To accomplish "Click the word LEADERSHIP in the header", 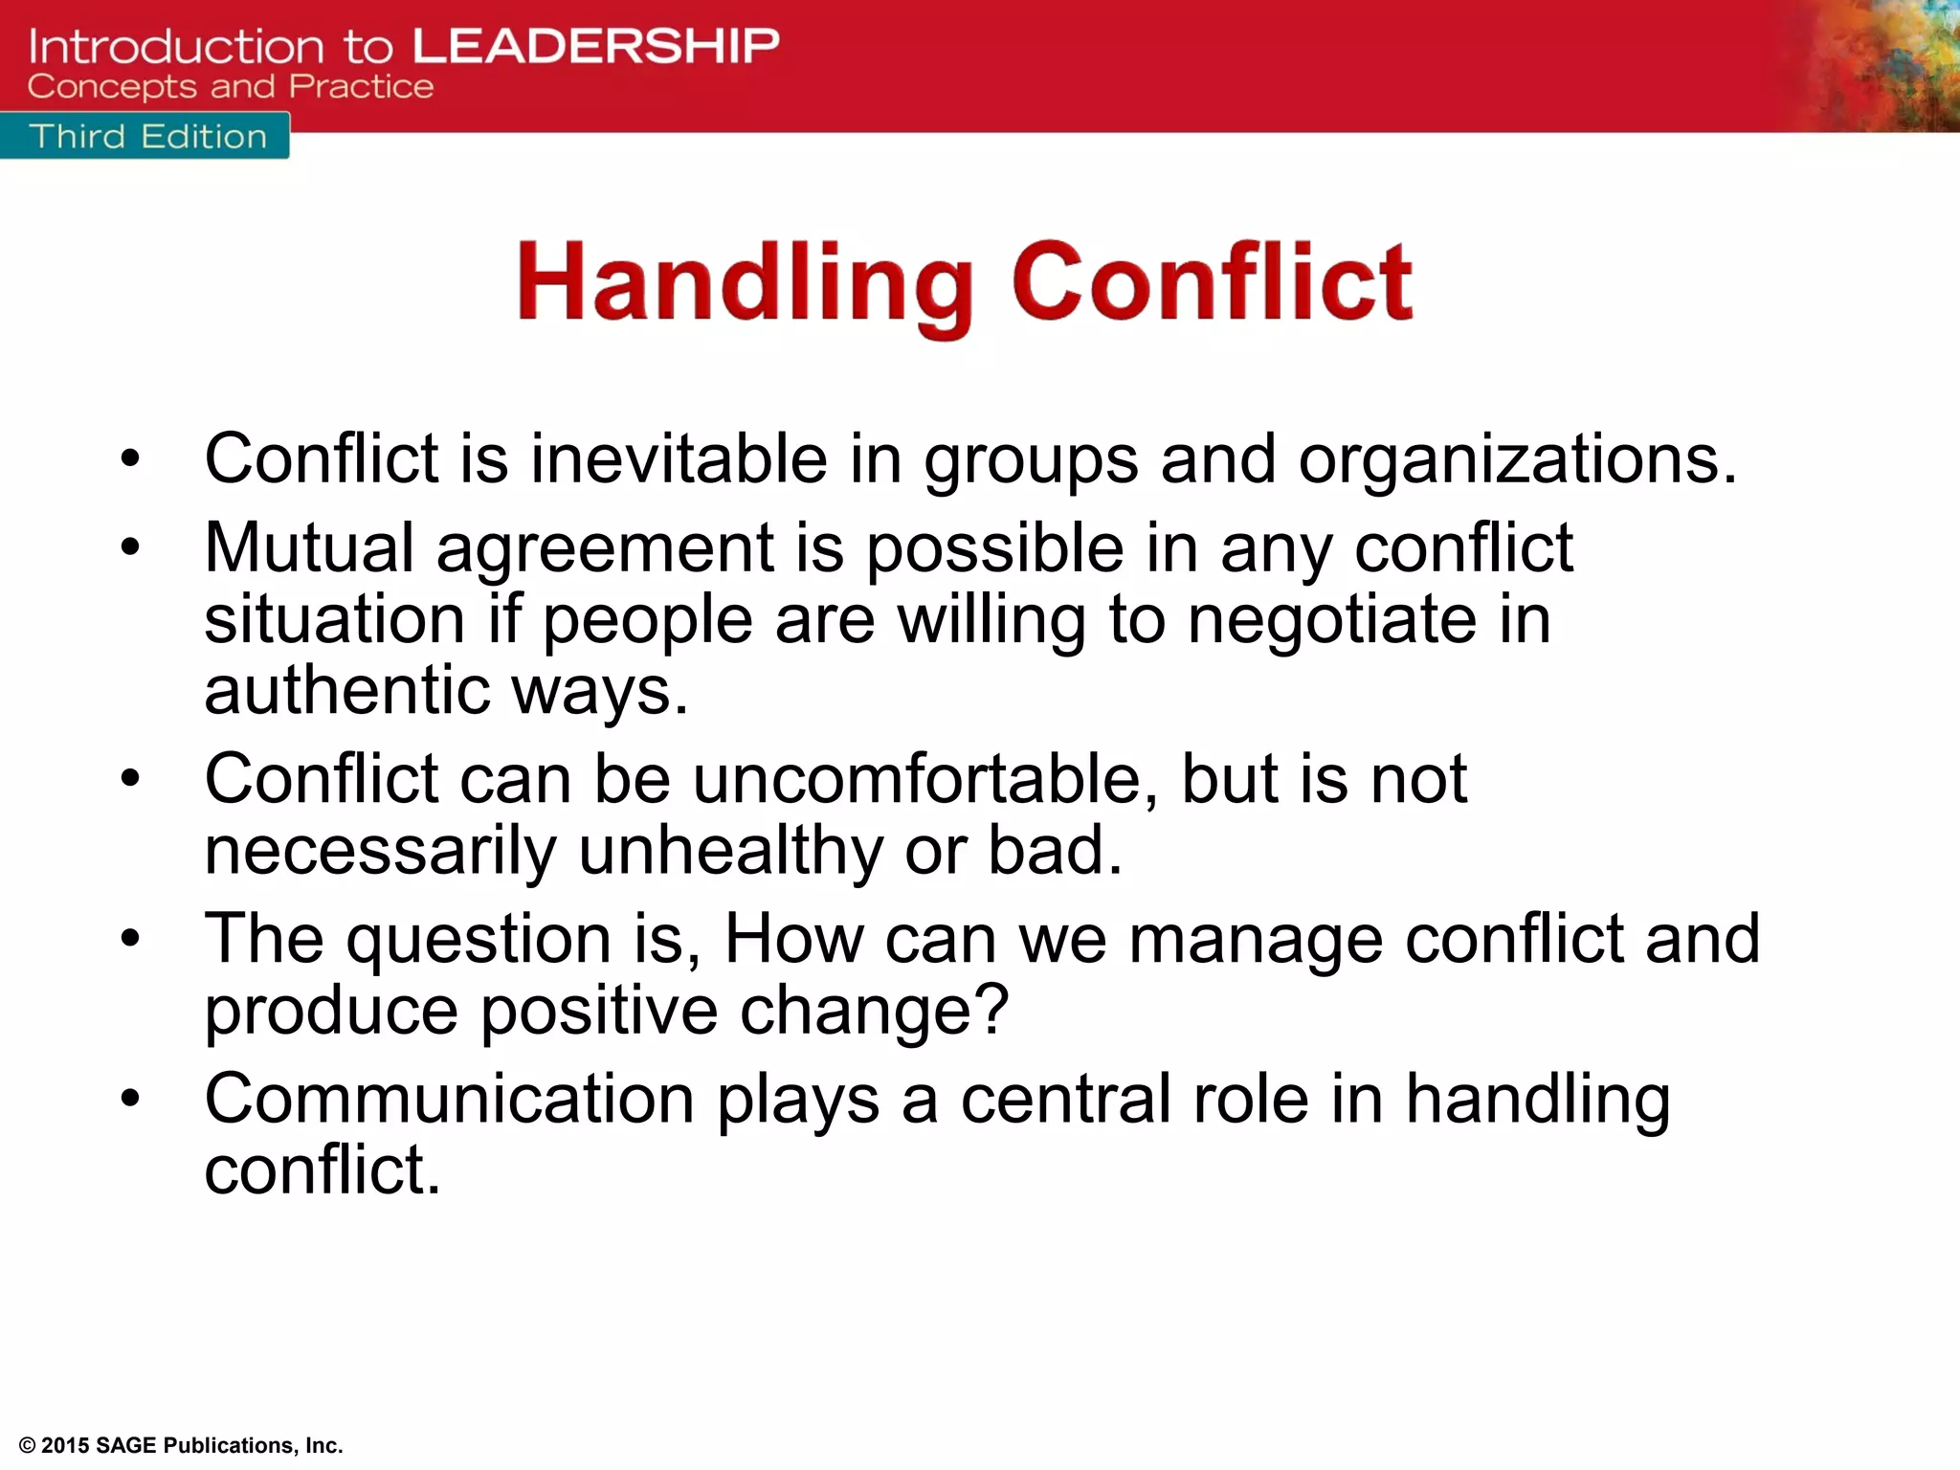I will [595, 46].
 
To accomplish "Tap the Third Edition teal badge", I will [147, 136].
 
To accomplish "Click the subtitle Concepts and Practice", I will [231, 87].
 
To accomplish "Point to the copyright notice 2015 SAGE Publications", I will [181, 1445].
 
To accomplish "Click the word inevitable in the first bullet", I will [679, 458].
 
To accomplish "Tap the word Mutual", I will [309, 548].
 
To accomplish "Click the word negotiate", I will [1331, 620].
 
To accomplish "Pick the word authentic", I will [346, 690].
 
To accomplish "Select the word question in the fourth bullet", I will [478, 940].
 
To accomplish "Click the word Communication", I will [449, 1099].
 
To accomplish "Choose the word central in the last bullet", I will [1065, 1099].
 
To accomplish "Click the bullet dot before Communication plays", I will [131, 1099].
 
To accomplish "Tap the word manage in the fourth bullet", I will [1255, 940].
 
